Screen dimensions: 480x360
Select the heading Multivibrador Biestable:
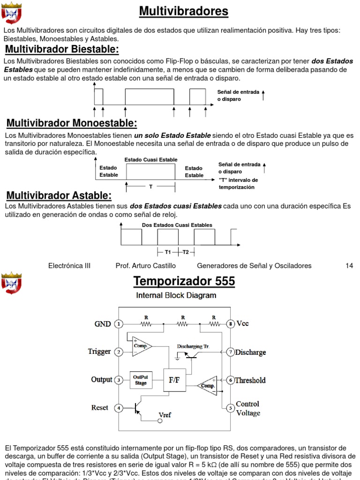(x=62, y=50)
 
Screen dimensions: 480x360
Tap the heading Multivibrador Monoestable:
(x=72, y=123)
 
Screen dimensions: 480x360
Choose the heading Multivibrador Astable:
(x=59, y=195)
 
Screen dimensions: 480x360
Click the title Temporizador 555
(x=184, y=282)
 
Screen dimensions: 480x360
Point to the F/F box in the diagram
(x=174, y=380)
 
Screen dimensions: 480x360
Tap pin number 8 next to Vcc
(x=230, y=323)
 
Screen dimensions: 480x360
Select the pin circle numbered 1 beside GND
(x=120, y=323)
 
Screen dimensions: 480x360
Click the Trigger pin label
(x=99, y=352)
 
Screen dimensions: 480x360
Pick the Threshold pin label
(x=250, y=380)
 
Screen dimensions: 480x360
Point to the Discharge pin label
(x=250, y=352)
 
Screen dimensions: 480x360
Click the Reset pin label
(x=100, y=408)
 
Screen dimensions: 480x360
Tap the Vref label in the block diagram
(x=165, y=414)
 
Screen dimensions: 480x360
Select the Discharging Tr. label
(x=193, y=346)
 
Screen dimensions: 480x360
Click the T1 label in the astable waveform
(x=168, y=252)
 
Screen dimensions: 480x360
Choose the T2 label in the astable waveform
(x=186, y=252)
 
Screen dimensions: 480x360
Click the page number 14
(x=349, y=266)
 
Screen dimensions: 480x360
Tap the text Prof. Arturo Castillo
(x=146, y=266)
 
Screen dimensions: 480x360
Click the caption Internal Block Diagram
(x=176, y=295)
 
